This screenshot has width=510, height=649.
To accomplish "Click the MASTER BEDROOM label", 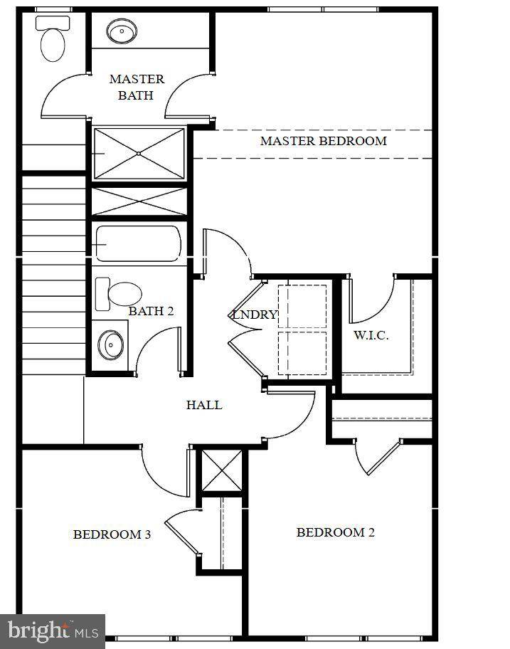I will [323, 141].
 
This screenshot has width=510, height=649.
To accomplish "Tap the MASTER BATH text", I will [137, 87].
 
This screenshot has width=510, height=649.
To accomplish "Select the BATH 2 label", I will [151, 311].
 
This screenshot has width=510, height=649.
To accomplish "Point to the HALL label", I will [204, 405].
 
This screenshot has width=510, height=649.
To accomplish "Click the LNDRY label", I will [255, 315].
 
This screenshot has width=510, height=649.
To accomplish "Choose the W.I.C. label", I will [371, 335].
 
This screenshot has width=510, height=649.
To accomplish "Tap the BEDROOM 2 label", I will [335, 532].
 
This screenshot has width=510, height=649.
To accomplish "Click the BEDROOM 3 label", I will [112, 534].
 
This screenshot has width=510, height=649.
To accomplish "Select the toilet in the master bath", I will [53, 39].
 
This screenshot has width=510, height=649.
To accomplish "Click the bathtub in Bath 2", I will [138, 243].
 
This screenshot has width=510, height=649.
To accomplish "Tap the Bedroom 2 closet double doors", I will [379, 456].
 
